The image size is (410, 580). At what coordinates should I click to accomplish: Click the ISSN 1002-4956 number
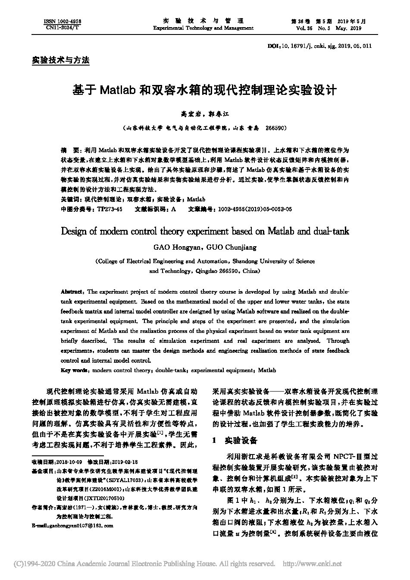pos(63,21)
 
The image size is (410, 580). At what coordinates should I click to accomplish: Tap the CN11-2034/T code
pos(63,27)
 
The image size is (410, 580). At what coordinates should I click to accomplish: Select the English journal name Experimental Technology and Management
pos(203,28)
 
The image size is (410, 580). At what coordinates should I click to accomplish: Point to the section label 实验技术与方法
pos(61,60)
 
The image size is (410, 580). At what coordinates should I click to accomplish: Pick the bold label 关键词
pos(70,199)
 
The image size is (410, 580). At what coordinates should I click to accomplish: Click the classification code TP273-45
pos(110,209)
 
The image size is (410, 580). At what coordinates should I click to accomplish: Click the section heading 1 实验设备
pos(235,441)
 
